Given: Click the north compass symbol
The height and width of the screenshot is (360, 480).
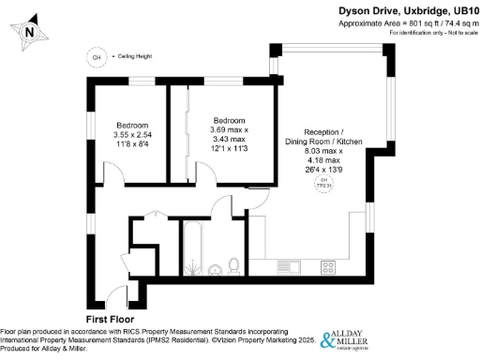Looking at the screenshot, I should point(30,32).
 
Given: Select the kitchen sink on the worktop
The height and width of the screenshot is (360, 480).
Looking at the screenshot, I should point(289,268).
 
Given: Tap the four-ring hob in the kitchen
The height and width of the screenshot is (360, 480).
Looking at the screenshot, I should point(329,268).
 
